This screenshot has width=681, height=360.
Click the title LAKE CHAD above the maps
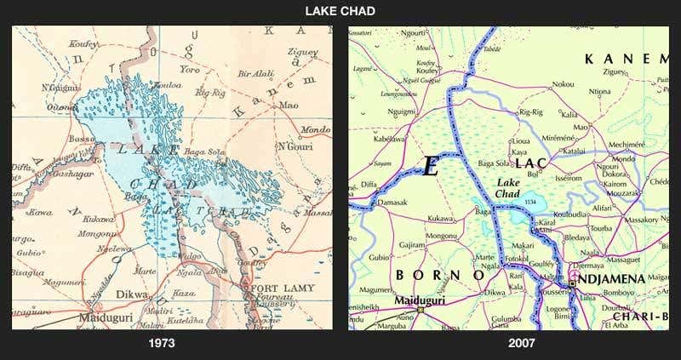coord(340,11)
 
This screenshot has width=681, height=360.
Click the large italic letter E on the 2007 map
coord(431,167)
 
